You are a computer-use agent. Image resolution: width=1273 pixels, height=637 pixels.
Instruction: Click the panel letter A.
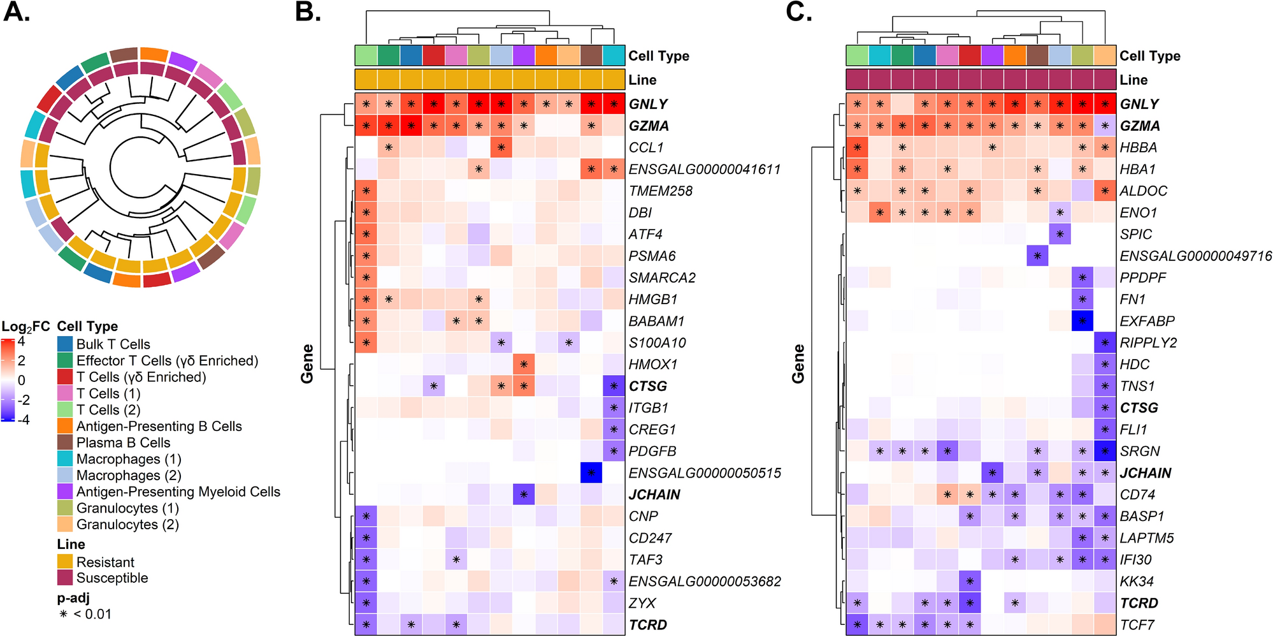(x=17, y=12)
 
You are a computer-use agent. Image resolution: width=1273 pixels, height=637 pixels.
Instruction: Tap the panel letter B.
(x=308, y=12)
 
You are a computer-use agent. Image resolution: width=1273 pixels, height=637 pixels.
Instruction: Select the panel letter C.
(x=799, y=12)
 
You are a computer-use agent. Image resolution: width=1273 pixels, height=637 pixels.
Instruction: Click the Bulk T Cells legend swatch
(x=65, y=344)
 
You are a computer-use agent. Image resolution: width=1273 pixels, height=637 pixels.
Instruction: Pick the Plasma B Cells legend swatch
(x=65, y=443)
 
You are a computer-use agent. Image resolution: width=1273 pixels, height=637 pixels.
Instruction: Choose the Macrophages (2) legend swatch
(x=65, y=476)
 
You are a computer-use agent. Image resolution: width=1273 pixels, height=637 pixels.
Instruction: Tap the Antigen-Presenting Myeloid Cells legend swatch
(x=65, y=492)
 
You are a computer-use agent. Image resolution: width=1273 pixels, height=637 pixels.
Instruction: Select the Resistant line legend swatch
(x=65, y=562)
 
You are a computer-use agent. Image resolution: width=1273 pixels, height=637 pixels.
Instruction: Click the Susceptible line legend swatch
(x=65, y=578)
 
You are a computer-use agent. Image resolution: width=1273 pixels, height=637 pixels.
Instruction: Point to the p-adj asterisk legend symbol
(x=63, y=614)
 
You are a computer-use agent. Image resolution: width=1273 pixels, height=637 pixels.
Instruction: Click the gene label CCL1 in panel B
(x=646, y=148)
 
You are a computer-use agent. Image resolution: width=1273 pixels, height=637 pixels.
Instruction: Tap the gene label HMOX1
(x=653, y=365)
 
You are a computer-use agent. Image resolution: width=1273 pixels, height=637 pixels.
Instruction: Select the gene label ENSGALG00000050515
(x=705, y=473)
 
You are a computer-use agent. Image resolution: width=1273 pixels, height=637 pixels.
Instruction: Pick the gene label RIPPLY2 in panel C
(x=1148, y=343)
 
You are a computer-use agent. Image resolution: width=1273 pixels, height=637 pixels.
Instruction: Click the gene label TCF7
(x=1137, y=625)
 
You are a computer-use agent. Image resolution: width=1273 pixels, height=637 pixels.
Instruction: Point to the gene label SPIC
(x=1136, y=235)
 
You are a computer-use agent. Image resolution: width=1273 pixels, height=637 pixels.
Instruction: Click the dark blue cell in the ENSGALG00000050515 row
(x=591, y=473)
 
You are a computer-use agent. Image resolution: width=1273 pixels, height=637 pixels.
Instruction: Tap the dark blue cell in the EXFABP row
(x=1082, y=321)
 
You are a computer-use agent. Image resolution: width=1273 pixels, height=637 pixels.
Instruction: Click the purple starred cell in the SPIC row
(x=1060, y=235)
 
